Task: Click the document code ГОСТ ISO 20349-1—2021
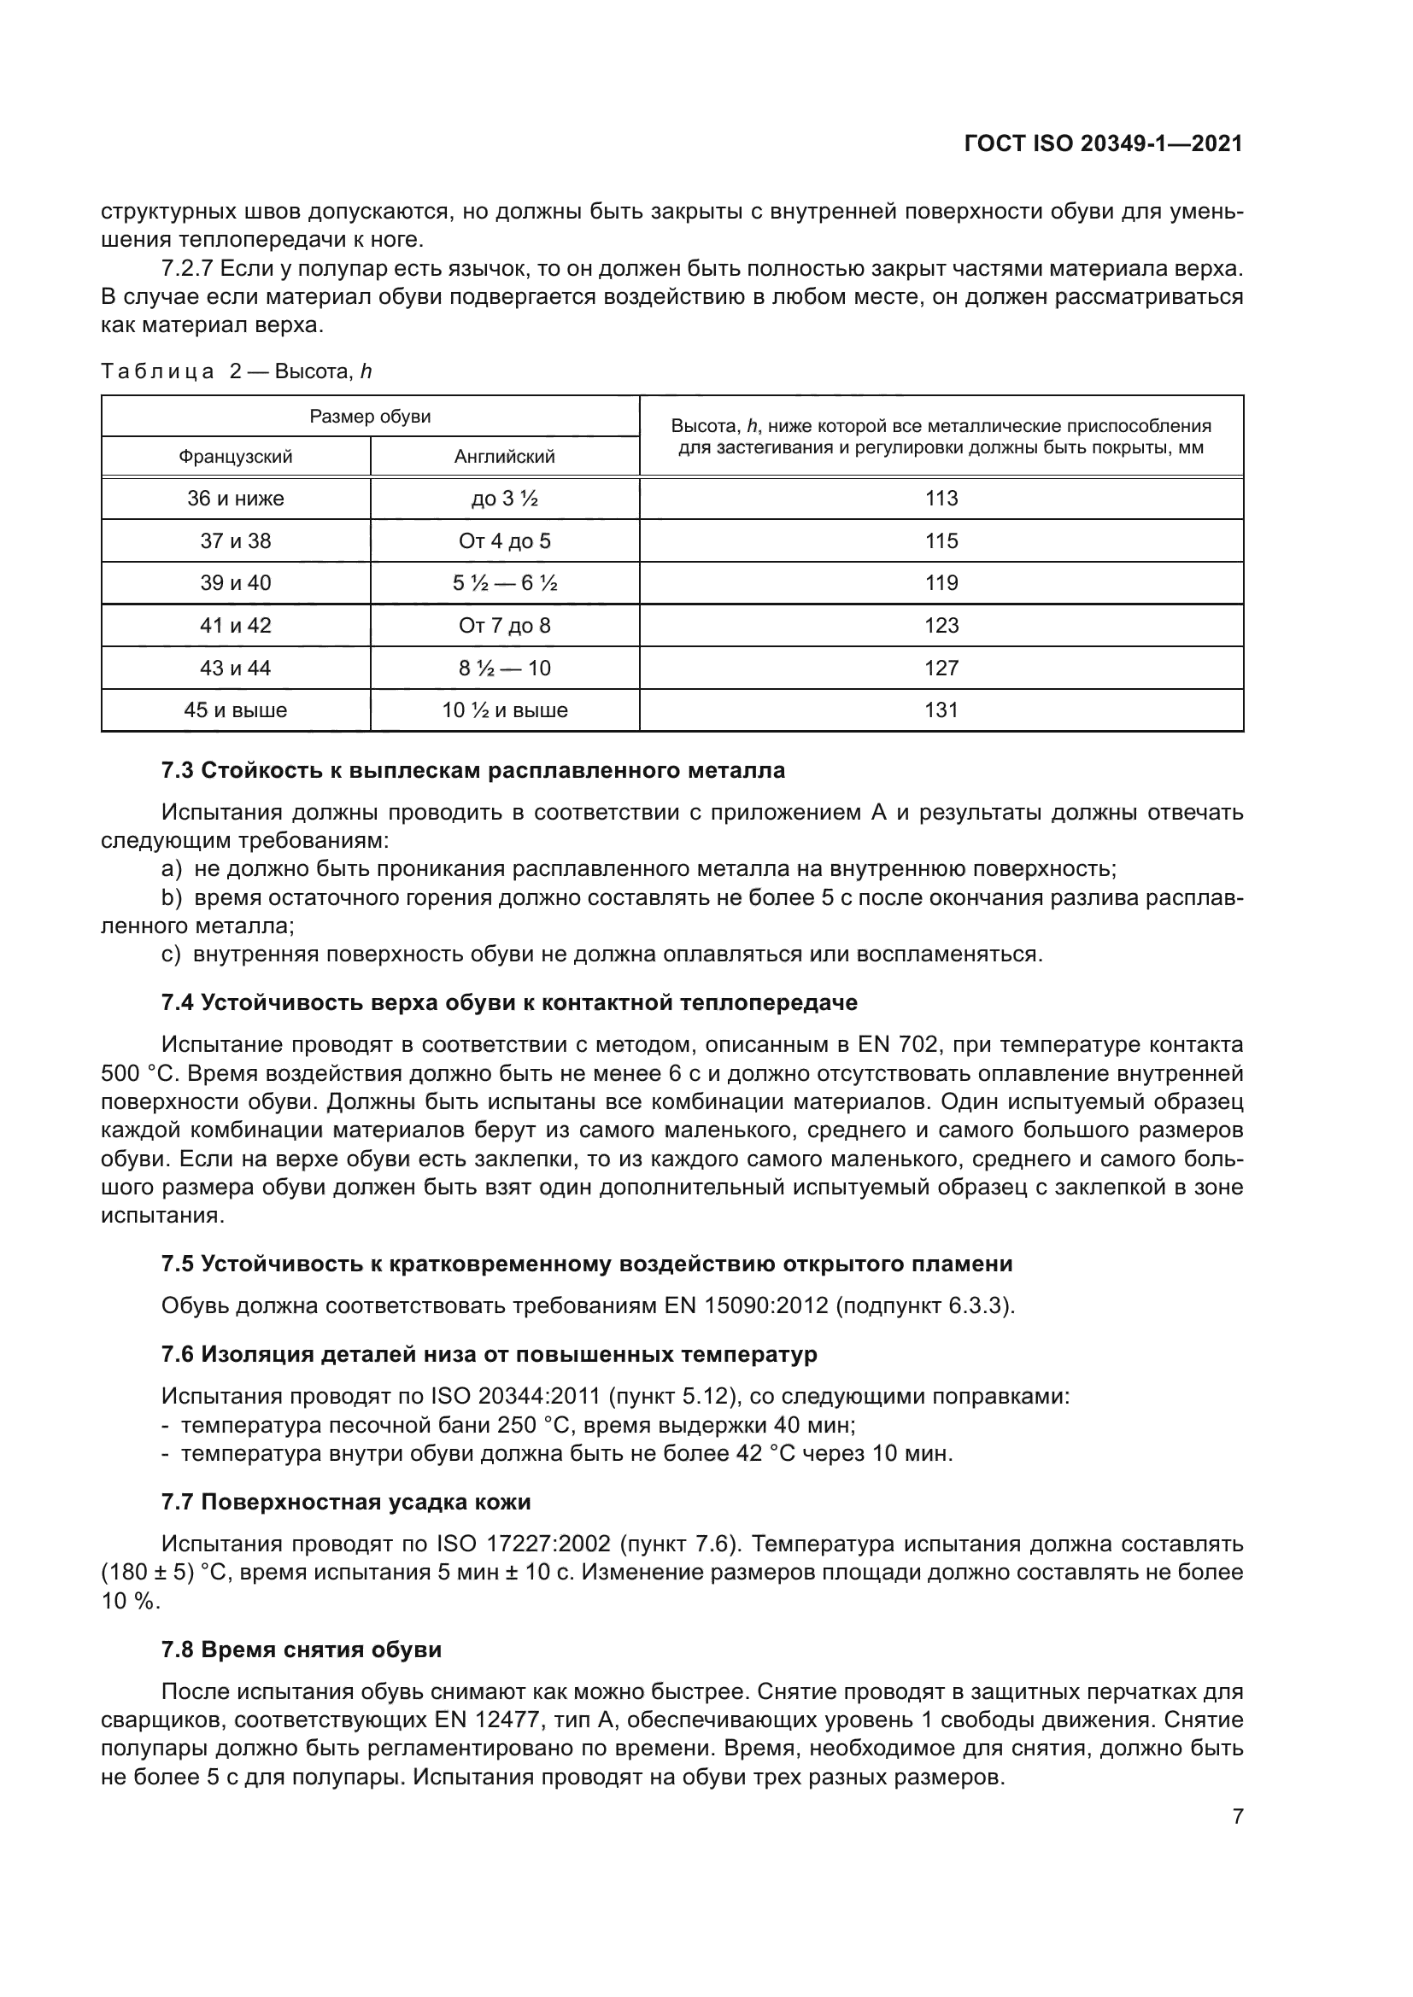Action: click(x=1103, y=143)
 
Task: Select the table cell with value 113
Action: click(x=941, y=499)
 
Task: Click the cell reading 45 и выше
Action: click(x=235, y=709)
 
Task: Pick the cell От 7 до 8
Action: click(x=505, y=625)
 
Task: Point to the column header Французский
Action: click(x=235, y=457)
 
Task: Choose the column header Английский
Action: click(x=505, y=457)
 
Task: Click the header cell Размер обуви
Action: click(x=370, y=417)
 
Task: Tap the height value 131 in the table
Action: click(x=941, y=709)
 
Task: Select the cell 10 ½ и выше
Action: click(x=505, y=709)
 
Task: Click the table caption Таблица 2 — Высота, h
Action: click(x=236, y=371)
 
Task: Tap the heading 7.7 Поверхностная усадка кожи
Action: click(x=345, y=1502)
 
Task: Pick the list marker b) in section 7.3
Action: click(x=172, y=897)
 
